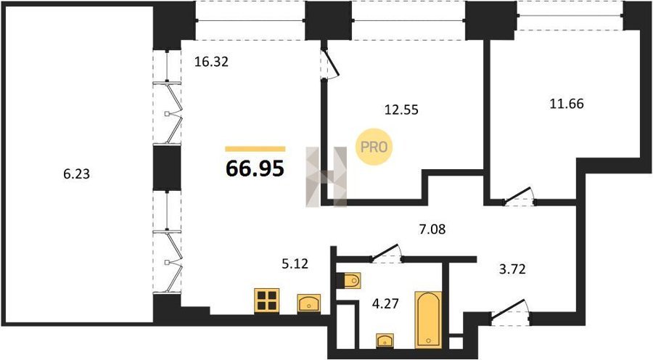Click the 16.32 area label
point(212,62)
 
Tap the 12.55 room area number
point(401,110)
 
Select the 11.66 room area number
point(567,103)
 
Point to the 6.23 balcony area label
point(77,173)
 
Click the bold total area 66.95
point(255,168)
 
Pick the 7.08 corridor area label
point(432,229)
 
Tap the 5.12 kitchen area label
point(295,263)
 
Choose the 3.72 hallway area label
point(512,269)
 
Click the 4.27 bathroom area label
point(386,303)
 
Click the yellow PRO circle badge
point(374,147)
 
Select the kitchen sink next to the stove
point(309,303)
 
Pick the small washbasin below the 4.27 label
point(385,340)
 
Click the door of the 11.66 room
point(519,197)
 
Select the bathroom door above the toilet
point(386,253)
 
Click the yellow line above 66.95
point(255,149)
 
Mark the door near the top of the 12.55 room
point(330,63)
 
